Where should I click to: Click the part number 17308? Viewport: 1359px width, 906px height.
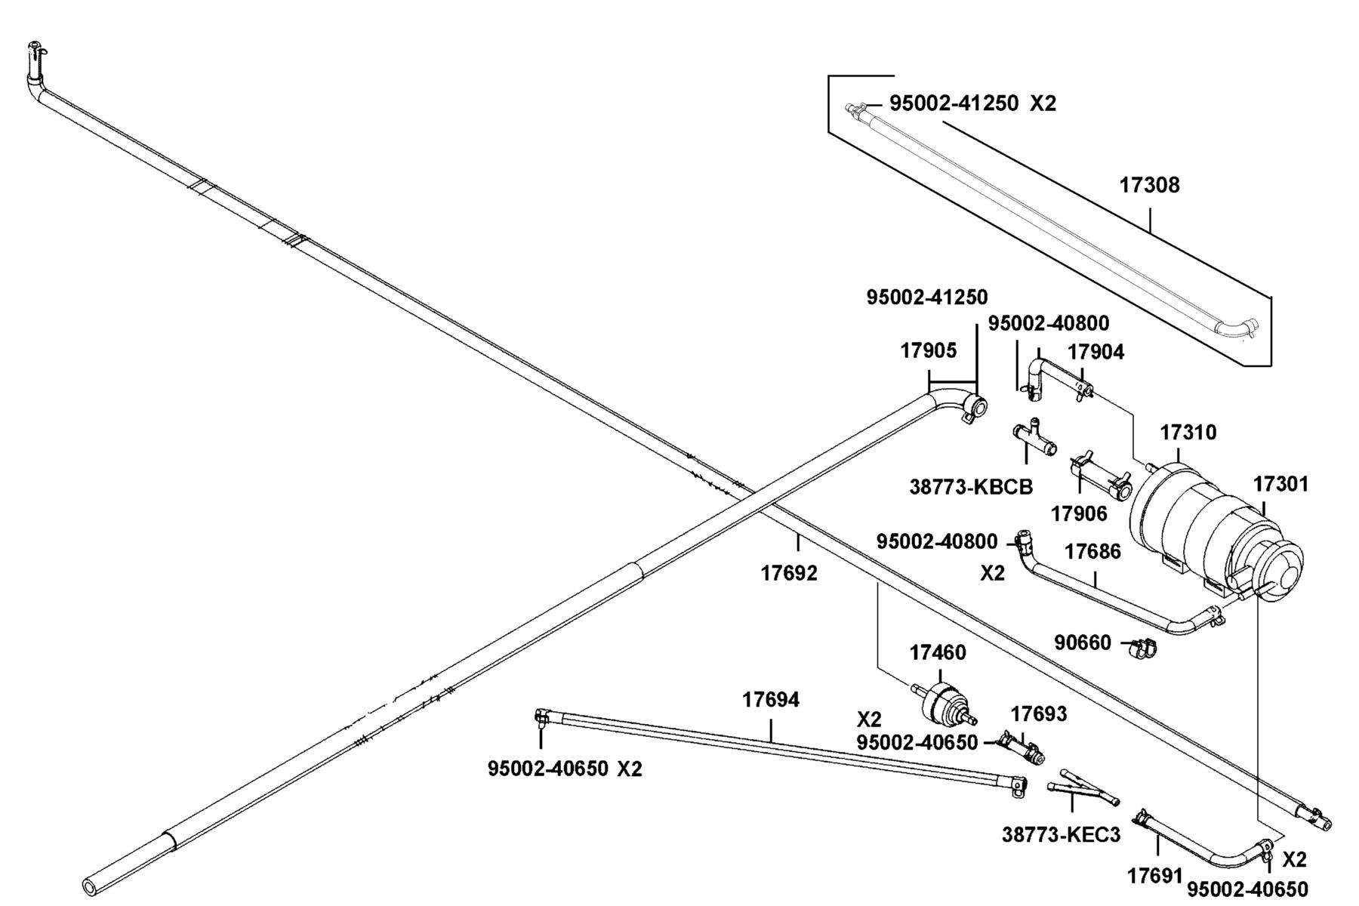tap(1149, 185)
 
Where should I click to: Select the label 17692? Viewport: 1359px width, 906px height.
tap(789, 573)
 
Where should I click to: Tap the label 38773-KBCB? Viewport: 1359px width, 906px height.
tap(971, 487)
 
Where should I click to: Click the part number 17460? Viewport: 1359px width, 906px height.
tap(938, 652)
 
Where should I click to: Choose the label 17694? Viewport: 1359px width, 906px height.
tap(770, 700)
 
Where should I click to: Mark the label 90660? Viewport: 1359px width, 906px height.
tap(1083, 643)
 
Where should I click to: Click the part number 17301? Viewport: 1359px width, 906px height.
tap(1281, 484)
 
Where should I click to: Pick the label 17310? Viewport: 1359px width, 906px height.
tap(1188, 433)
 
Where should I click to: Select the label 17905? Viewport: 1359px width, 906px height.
tap(929, 350)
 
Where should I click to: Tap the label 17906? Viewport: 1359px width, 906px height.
tap(1079, 513)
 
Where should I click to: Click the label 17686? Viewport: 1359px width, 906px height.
tap(1092, 551)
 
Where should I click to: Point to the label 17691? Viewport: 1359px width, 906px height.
tap(1155, 876)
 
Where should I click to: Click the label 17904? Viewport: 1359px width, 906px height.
tap(1096, 352)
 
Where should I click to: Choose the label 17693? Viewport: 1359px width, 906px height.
tap(1039, 713)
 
